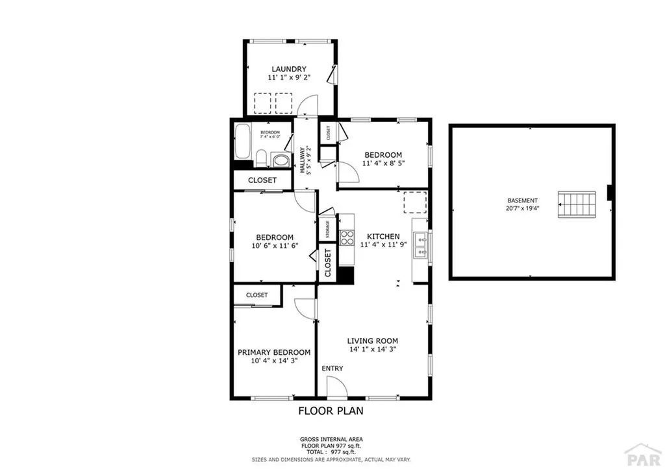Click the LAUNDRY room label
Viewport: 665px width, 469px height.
(x=289, y=69)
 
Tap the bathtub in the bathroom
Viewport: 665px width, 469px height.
(x=243, y=141)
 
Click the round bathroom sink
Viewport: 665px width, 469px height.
(x=280, y=160)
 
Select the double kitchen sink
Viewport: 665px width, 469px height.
(x=420, y=245)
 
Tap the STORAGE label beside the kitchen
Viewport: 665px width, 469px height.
(x=327, y=229)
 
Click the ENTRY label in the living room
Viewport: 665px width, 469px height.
(x=332, y=368)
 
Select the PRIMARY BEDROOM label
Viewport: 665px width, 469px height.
(x=273, y=352)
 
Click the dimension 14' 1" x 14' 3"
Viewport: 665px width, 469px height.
(x=372, y=349)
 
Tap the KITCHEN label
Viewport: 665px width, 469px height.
(x=383, y=236)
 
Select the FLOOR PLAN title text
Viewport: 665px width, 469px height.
(x=331, y=411)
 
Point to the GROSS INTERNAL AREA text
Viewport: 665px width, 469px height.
(x=331, y=439)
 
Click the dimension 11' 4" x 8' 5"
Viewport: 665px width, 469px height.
(x=383, y=163)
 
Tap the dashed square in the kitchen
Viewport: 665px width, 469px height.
(x=415, y=202)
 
